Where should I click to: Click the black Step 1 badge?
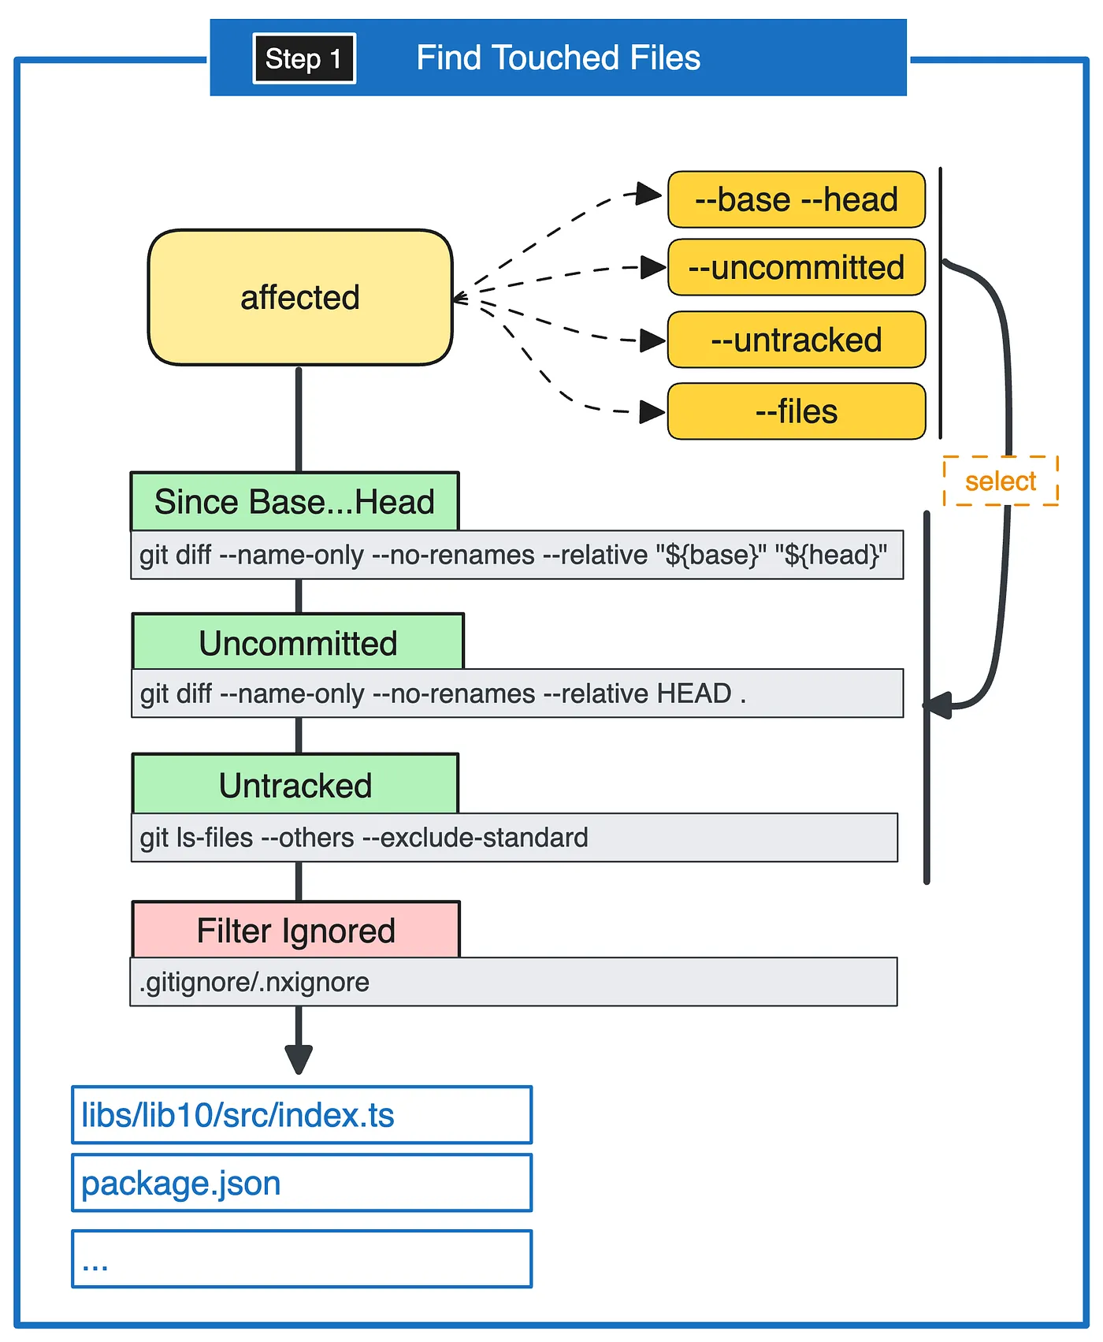304,58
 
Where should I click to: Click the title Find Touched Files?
558,58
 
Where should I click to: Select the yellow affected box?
300,297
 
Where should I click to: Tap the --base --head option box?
797,199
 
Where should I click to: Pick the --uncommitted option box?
797,267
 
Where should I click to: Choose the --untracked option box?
797,340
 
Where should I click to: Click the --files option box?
797,411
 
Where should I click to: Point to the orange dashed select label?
1001,481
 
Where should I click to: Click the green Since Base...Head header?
295,501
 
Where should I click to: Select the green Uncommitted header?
298,642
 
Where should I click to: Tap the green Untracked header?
295,784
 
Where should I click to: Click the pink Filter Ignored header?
295,930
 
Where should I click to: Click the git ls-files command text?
364,837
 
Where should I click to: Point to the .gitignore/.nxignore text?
254,982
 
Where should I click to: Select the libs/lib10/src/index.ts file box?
302,1115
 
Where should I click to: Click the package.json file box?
302,1183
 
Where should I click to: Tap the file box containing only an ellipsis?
302,1258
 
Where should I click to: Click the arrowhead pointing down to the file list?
299,1059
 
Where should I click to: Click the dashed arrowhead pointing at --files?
652,411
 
